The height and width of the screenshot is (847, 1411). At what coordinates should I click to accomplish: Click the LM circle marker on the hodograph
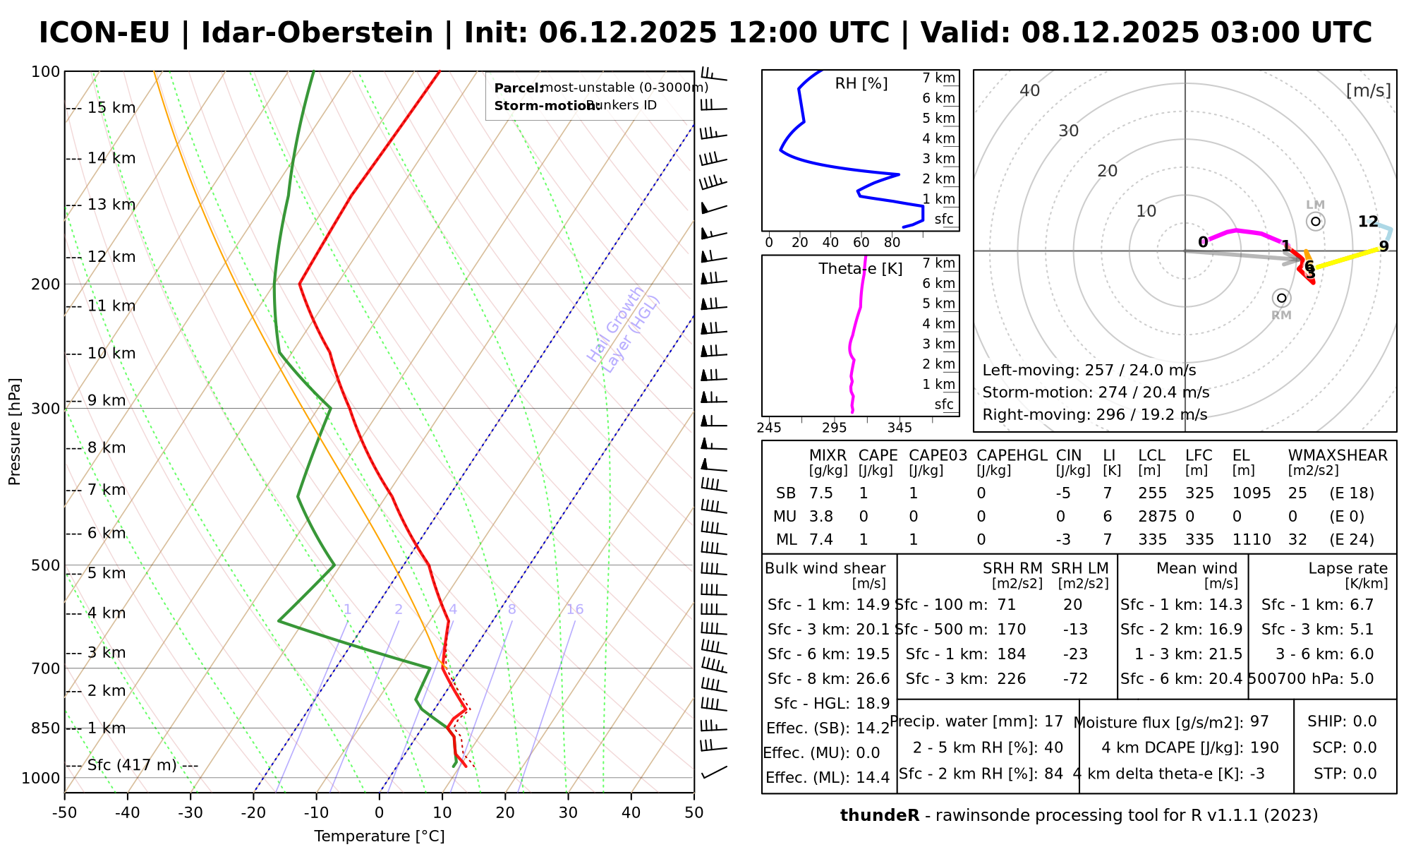pos(1315,222)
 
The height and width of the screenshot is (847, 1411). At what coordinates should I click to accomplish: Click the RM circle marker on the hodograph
pos(1282,298)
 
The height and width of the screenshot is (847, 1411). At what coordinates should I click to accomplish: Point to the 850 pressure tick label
pos(46,728)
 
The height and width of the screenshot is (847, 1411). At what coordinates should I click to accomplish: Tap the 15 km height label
pos(111,108)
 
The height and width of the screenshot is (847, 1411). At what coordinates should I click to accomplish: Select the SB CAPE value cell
pos(864,493)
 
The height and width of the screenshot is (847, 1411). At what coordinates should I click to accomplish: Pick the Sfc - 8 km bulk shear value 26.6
pos(873,679)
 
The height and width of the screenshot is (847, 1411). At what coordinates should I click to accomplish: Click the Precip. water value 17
pos(1053,721)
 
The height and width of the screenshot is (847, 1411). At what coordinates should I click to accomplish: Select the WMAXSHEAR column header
pos(1338,455)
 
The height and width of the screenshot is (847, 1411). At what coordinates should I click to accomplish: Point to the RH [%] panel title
pos(861,84)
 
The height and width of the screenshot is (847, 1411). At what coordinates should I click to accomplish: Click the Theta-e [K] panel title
pos(861,269)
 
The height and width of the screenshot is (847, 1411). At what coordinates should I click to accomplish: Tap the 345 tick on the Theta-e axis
pos(900,428)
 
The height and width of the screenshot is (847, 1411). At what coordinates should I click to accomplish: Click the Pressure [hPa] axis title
pos(15,431)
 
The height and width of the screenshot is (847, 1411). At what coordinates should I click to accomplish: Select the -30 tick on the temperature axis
pos(190,813)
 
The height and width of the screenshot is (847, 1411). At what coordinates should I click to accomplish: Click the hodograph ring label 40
pos(1030,90)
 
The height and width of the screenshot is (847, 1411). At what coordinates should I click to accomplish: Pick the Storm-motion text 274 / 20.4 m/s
pos(1096,392)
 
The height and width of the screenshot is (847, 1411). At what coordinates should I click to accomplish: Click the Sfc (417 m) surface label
pos(132,765)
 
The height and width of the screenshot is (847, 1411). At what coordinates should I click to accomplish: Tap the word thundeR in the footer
pos(880,816)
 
